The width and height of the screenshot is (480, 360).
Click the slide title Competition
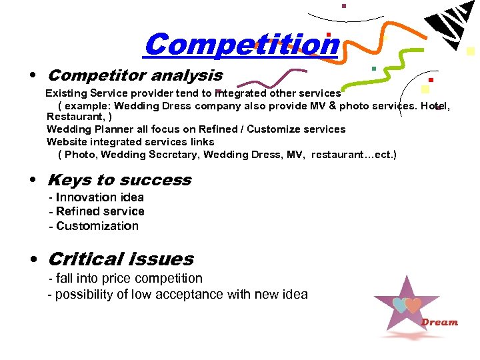click(x=241, y=45)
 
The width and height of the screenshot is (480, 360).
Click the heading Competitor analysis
click(x=135, y=75)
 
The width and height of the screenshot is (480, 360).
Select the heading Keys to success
click(x=119, y=180)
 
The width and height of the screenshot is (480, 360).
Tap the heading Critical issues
click(x=121, y=259)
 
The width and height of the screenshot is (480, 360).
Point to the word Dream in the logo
click(x=439, y=323)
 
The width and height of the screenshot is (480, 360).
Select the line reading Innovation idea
click(x=99, y=197)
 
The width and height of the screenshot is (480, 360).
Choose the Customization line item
click(x=97, y=226)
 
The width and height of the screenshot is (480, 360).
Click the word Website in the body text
click(x=65, y=142)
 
